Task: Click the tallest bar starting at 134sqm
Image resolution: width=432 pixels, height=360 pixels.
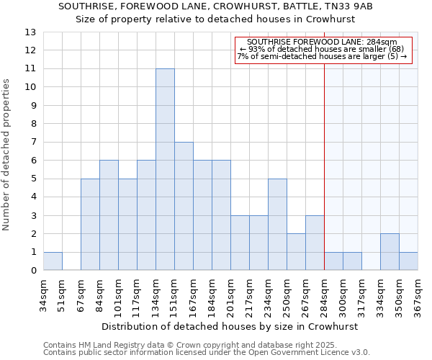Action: [165, 169]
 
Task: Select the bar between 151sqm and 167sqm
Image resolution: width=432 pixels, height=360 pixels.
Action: [184, 206]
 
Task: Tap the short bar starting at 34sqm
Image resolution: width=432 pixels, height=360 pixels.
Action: [53, 261]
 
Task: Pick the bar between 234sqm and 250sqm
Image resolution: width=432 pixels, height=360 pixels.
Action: [277, 225]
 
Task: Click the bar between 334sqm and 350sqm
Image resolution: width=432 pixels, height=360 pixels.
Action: [390, 252]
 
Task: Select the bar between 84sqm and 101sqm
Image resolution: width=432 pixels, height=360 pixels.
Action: [109, 215]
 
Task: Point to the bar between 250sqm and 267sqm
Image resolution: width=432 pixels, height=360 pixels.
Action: [296, 252]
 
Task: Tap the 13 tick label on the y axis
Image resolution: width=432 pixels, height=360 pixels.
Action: [30, 32]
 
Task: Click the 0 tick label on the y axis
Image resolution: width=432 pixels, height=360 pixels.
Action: [32, 271]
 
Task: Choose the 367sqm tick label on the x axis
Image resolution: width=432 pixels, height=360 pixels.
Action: [418, 293]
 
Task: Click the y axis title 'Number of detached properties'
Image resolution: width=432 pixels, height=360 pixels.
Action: [7, 156]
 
